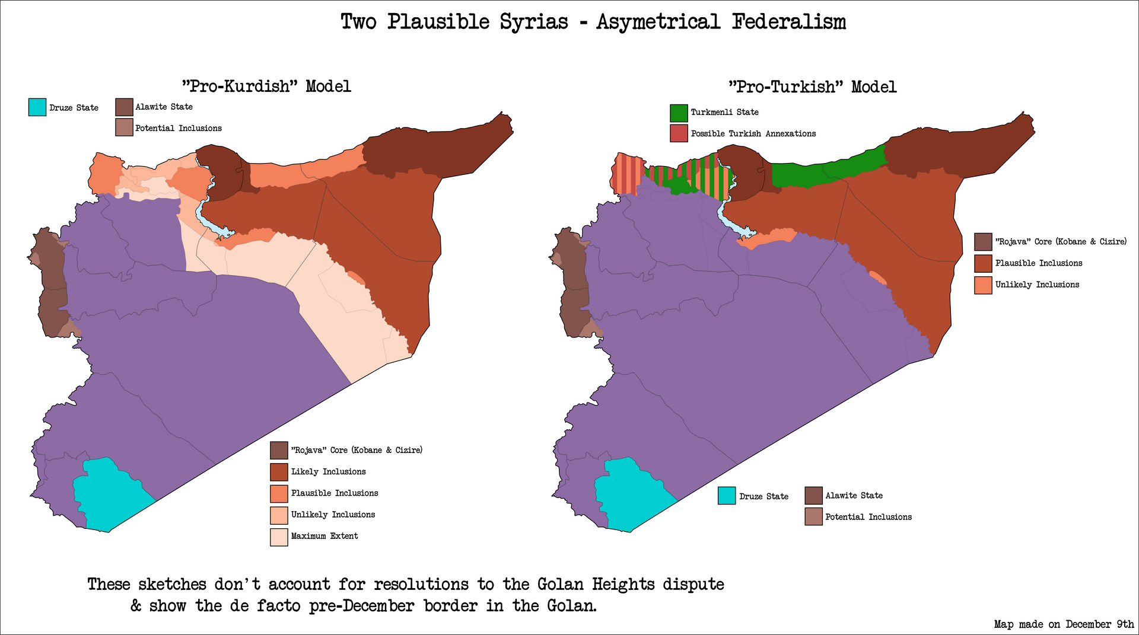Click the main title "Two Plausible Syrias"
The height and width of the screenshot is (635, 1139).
[x=454, y=22]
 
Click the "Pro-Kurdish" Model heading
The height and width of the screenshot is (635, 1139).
[x=266, y=87]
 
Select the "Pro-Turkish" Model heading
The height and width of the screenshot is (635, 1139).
[x=812, y=87]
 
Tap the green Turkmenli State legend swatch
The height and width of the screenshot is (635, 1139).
[x=679, y=113]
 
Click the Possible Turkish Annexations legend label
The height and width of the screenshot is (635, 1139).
[x=753, y=134]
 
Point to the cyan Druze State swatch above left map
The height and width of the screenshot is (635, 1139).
[x=37, y=107]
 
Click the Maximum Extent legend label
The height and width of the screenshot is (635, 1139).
[x=324, y=536]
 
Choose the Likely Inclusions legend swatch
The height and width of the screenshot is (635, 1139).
[x=279, y=472]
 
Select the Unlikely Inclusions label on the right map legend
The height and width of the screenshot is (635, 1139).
[x=1037, y=285]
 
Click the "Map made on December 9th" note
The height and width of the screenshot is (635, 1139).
[x=1064, y=624]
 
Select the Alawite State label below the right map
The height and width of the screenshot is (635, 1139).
[x=854, y=496]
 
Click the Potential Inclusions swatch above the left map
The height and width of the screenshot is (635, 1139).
[x=124, y=127]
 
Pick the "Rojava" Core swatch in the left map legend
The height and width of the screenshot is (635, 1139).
[x=279, y=451]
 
